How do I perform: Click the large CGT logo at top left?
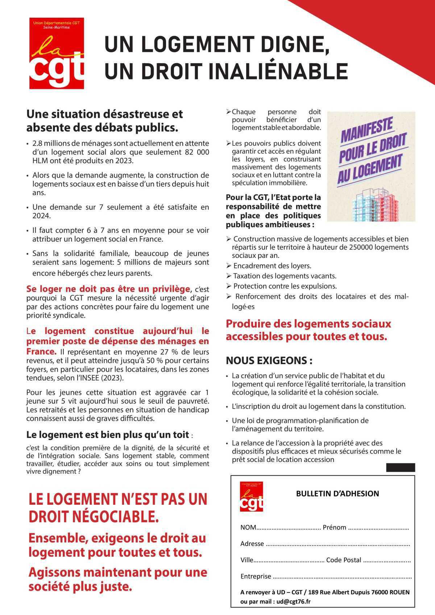pyautogui.click(x=57, y=53)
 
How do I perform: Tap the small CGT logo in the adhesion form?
pyautogui.click(x=251, y=496)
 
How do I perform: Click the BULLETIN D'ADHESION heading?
pyautogui.click(x=337, y=494)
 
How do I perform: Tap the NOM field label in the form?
pyautogui.click(x=248, y=527)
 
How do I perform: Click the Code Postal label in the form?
pyautogui.click(x=344, y=560)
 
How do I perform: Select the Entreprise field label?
pyautogui.click(x=256, y=576)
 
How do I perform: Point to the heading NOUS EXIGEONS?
pyautogui.click(x=269, y=361)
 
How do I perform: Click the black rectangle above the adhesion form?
pyautogui.click(x=401, y=467)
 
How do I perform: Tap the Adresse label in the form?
pyautogui.click(x=252, y=544)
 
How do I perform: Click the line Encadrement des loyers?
pyautogui.click(x=272, y=266)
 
